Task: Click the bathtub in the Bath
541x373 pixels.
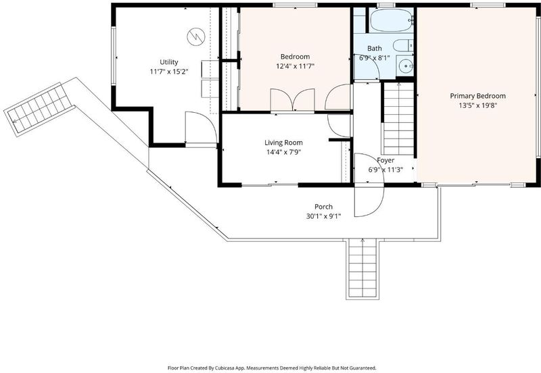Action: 392,20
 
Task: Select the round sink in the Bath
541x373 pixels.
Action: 404,65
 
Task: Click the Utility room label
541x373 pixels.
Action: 168,62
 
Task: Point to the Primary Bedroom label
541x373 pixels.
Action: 478,96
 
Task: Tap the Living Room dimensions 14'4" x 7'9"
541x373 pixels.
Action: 283,152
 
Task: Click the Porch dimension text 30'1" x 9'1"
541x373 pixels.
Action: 323,216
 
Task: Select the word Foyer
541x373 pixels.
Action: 385,160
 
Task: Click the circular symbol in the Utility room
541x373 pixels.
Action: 196,36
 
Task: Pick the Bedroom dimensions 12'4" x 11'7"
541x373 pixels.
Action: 295,66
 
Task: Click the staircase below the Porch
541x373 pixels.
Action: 362,268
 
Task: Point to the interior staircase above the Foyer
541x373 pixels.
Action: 398,118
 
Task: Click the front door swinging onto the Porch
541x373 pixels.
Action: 369,201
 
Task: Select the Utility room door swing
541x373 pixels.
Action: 201,128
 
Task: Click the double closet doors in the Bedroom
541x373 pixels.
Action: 293,100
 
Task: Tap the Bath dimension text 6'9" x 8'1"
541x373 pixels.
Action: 375,58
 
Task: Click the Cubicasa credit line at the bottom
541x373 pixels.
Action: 272,368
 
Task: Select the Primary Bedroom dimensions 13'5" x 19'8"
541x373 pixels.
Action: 478,105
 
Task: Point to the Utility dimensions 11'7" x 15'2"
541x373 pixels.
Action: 168,72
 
